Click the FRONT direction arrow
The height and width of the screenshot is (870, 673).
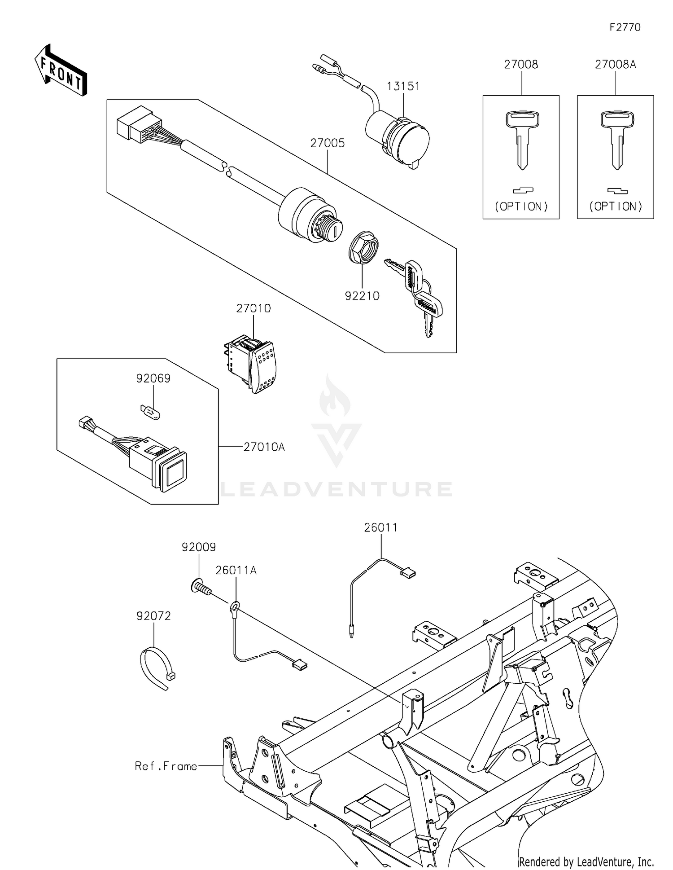click(61, 70)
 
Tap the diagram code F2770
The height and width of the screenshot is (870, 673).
click(625, 27)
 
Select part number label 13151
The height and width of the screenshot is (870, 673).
click(403, 86)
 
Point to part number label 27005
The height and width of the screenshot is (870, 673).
click(328, 143)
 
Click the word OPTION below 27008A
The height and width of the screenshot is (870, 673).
click(616, 207)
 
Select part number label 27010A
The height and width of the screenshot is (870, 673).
click(264, 447)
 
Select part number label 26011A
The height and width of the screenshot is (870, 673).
click(236, 570)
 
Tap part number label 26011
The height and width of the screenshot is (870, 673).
click(380, 527)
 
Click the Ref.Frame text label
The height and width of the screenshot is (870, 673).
click(166, 766)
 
